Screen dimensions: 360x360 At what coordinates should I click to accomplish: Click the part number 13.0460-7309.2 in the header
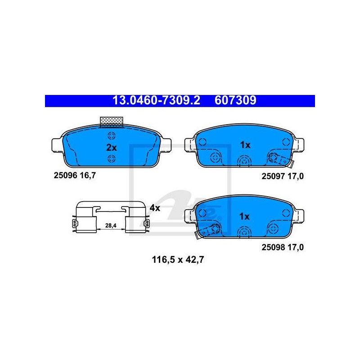(156, 100)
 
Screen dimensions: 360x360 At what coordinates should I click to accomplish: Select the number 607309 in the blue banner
(235, 100)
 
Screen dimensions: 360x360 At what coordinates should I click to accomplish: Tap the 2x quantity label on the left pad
(111, 148)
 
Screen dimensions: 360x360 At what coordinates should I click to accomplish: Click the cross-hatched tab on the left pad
(111, 121)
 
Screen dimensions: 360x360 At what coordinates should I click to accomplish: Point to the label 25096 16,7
(75, 175)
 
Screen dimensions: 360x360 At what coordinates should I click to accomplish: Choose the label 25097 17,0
(283, 176)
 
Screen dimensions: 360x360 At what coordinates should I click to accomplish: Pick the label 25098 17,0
(283, 247)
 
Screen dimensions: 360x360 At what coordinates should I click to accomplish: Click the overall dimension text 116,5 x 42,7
(178, 260)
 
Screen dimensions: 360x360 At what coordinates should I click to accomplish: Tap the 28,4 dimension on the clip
(111, 225)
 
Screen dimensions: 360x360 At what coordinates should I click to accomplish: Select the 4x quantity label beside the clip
(155, 208)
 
